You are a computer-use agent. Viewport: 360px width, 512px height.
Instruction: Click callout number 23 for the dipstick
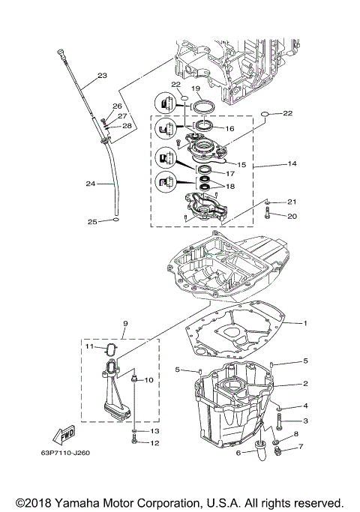tap(102, 75)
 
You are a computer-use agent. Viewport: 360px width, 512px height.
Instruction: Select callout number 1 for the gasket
tap(306, 323)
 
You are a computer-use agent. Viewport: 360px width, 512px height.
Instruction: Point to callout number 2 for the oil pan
tap(306, 383)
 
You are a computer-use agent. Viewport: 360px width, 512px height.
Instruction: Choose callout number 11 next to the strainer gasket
tap(88, 348)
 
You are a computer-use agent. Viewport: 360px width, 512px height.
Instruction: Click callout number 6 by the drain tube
tap(238, 452)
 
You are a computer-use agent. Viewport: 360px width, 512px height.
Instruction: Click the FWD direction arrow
tap(64, 436)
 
